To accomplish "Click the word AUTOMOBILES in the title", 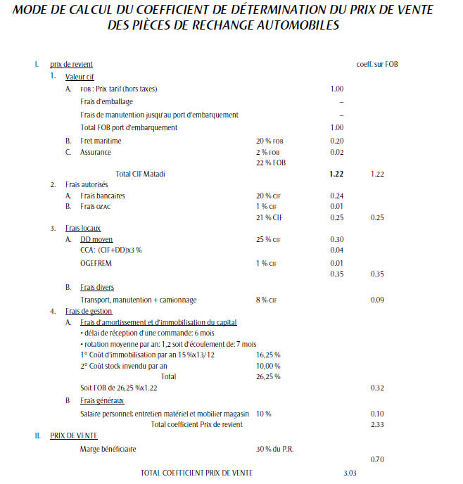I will pyautogui.click(x=297, y=25).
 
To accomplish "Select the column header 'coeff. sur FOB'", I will pyautogui.click(x=379, y=65).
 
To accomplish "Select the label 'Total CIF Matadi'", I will pyautogui.click(x=144, y=173).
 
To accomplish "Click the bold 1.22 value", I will pyautogui.click(x=336, y=173).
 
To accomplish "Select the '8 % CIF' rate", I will pyautogui.click(x=267, y=300).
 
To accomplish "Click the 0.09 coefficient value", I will pyautogui.click(x=377, y=300).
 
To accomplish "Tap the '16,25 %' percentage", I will pyautogui.click(x=268, y=355).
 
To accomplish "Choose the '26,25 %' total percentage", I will pyautogui.click(x=268, y=376).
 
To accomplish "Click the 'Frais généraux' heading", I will pyautogui.click(x=105, y=400).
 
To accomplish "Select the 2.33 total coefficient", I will pyautogui.click(x=377, y=423).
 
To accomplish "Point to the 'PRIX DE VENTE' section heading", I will pyautogui.click(x=74, y=435).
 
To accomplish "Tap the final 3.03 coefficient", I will pyautogui.click(x=350, y=472).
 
